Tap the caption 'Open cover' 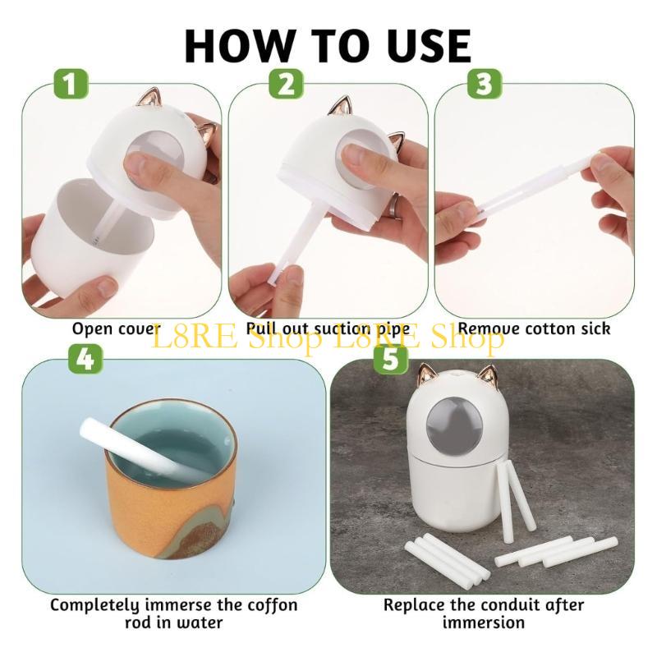pos(115,329)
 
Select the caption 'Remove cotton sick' pos(534,328)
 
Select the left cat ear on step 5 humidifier pos(427,374)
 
